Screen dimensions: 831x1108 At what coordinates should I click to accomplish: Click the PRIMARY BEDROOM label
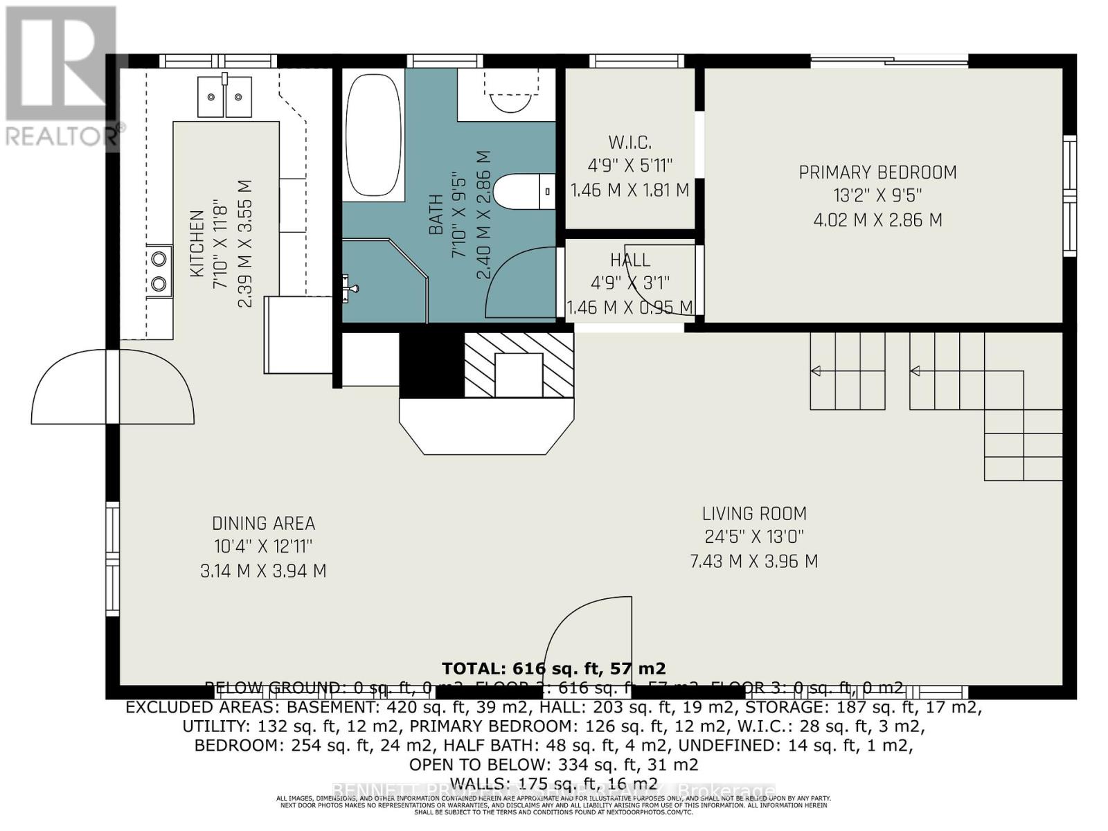877,172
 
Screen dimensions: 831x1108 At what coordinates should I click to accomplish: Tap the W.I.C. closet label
629,143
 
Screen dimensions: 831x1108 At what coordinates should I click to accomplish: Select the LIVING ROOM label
754,514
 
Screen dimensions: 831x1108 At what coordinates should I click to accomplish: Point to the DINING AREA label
263,524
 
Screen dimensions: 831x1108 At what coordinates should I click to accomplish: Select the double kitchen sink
224,97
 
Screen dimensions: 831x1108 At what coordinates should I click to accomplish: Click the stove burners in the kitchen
159,271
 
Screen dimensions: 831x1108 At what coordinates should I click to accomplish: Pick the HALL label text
629,260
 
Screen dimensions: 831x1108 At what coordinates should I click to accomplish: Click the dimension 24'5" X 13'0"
754,537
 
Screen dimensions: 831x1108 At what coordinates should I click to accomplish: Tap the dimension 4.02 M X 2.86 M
877,220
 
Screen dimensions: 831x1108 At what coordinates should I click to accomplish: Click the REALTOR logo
59,76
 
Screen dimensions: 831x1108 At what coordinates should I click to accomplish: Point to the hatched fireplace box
519,365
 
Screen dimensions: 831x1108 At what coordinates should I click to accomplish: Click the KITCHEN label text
197,244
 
